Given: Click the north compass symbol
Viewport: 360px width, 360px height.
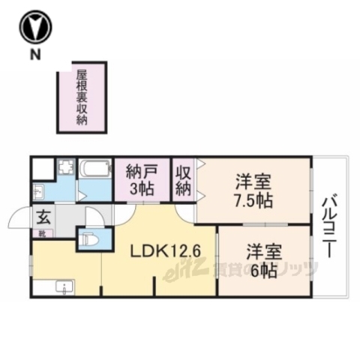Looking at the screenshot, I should click(35, 28).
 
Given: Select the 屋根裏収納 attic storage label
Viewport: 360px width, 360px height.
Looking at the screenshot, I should click(81, 98).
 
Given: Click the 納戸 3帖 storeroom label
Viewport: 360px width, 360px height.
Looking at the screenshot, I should click(142, 180).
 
